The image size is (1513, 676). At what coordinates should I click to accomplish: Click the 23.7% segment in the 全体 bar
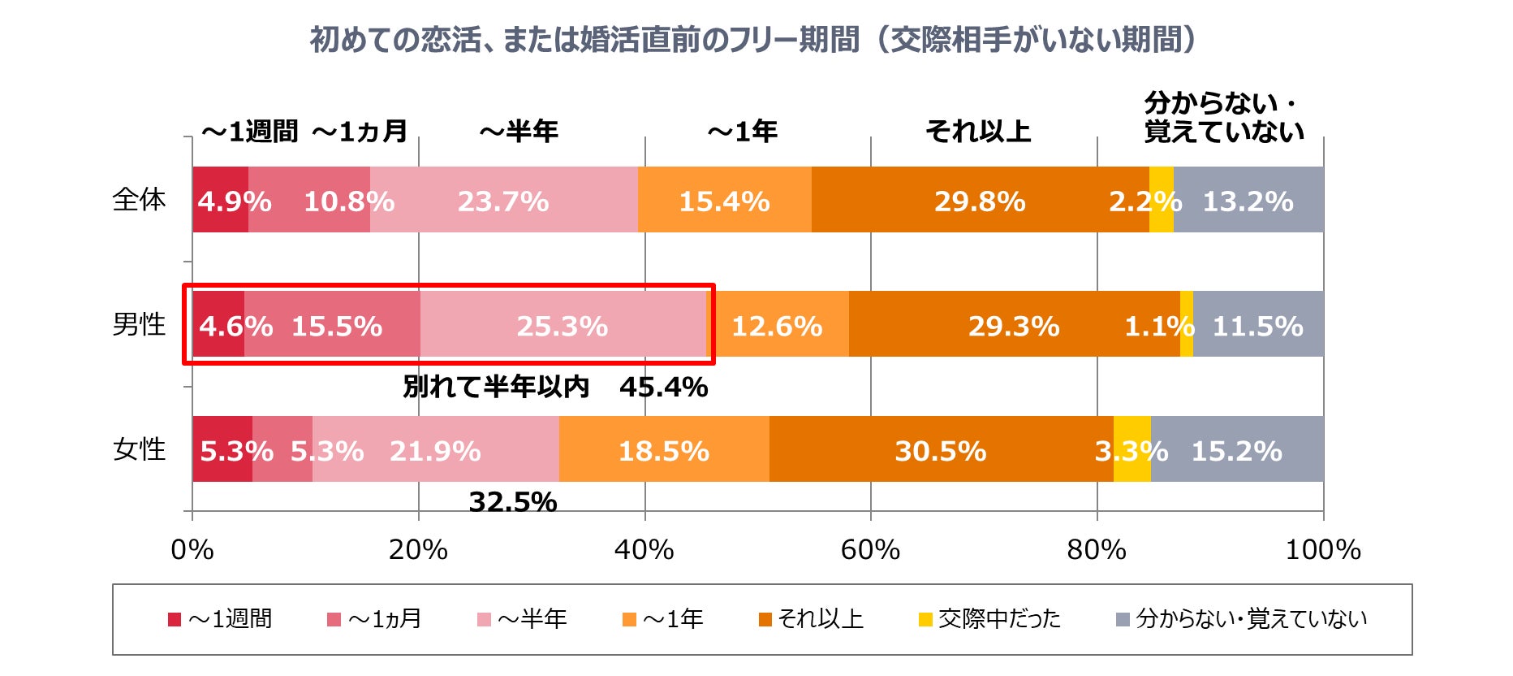[x=503, y=200]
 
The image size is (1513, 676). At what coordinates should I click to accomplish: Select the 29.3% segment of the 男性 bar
[x=1014, y=324]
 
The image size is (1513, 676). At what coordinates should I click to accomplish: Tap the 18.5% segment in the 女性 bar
[x=664, y=449]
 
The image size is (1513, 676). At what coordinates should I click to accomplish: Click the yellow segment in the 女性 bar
[x=1132, y=449]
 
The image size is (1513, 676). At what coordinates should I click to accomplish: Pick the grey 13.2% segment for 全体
[x=1248, y=200]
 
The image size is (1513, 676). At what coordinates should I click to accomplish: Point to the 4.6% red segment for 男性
[x=218, y=324]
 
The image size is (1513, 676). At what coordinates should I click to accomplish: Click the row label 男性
[x=139, y=324]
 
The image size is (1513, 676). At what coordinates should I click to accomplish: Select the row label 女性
[x=139, y=449]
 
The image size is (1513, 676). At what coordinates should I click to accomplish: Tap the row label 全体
[x=139, y=200]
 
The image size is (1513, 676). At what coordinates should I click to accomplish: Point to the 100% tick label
[x=1322, y=550]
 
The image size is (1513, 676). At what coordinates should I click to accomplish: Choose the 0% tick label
[x=192, y=550]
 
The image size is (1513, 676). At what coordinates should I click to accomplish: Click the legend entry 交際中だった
[x=998, y=619]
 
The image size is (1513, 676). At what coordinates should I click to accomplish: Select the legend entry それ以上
[x=820, y=619]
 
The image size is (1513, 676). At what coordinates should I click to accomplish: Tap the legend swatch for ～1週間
[x=175, y=620]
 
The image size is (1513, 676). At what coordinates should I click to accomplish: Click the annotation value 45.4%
[x=663, y=388]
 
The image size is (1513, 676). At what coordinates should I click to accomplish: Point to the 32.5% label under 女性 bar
[x=513, y=502]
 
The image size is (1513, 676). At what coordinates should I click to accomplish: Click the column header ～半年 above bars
[x=519, y=132]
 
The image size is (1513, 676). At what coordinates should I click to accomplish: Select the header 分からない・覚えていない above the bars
[x=1223, y=118]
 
